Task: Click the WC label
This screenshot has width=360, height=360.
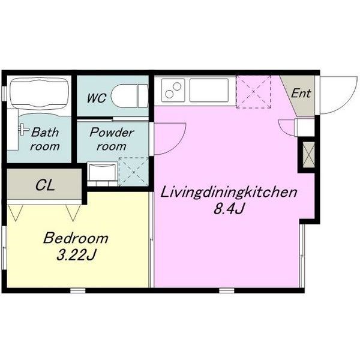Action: [x=97, y=98]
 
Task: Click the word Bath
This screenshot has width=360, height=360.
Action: [x=45, y=132]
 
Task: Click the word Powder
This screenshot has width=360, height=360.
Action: [x=112, y=132]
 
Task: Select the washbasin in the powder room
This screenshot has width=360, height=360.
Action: [x=103, y=174]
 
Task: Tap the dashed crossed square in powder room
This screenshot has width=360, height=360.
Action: [x=134, y=172]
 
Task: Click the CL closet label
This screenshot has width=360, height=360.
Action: [x=45, y=185]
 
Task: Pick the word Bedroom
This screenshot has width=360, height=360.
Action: [x=76, y=238]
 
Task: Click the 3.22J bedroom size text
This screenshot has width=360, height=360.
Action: [x=76, y=255]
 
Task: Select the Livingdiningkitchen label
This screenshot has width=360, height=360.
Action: [x=229, y=192]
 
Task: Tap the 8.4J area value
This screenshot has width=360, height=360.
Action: [x=228, y=209]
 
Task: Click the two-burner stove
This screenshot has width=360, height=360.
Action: [x=173, y=90]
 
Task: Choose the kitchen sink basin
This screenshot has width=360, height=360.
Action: [x=209, y=90]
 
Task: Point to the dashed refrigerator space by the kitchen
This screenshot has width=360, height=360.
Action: [x=253, y=91]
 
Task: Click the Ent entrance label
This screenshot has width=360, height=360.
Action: [x=301, y=93]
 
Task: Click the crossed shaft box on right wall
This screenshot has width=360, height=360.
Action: [x=308, y=155]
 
